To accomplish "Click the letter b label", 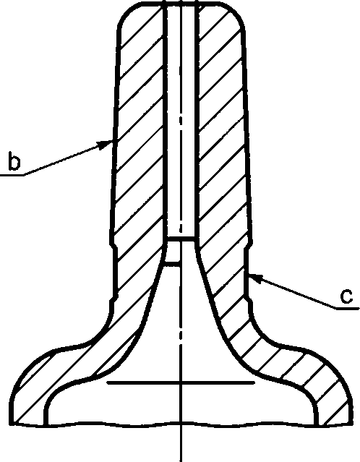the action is click(14, 161).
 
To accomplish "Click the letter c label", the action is click(346, 296).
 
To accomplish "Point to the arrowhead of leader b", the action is click(106, 145).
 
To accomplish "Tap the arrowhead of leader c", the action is click(255, 278).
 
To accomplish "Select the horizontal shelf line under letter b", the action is click(12, 175).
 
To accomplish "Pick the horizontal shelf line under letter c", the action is click(348, 309).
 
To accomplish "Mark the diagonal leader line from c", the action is click(291, 291).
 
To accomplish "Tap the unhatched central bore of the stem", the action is click(181, 118).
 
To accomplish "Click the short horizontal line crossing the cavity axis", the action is click(181, 382).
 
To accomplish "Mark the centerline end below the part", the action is click(181, 461).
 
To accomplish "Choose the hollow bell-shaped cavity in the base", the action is click(181, 354).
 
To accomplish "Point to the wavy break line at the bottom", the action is click(181, 424).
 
